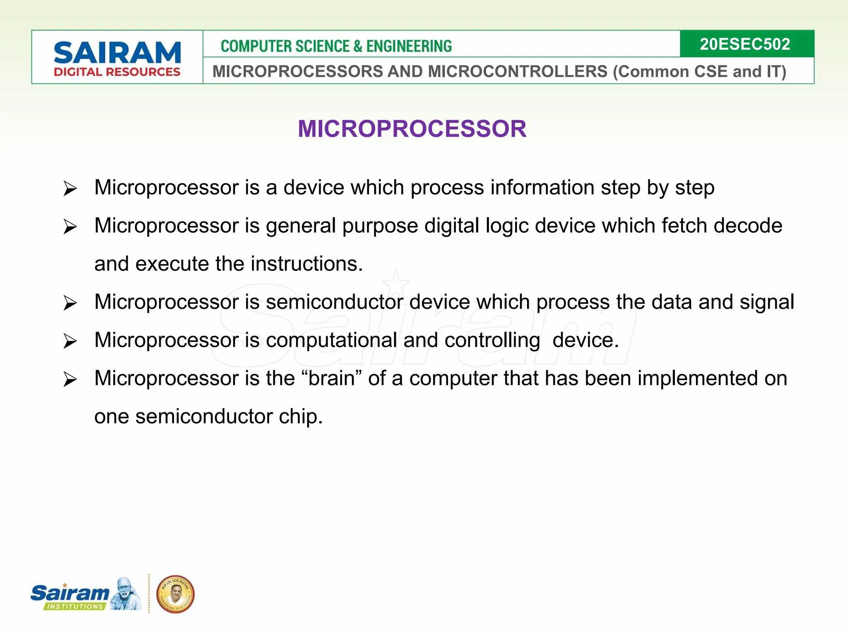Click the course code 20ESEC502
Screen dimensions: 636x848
point(744,44)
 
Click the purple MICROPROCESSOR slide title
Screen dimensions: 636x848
point(412,129)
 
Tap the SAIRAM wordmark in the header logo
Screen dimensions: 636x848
point(117,53)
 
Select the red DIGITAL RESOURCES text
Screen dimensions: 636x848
point(117,72)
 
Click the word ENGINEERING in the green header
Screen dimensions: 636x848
point(409,46)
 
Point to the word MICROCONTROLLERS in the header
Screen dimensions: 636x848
point(518,72)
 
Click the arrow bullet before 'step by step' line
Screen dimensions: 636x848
point(70,189)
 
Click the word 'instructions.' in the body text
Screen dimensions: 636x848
point(307,264)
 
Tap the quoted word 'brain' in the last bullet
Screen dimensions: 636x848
point(332,378)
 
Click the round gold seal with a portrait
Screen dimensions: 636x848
point(175,594)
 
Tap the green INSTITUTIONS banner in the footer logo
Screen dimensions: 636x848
point(75,606)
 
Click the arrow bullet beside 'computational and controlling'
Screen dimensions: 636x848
point(70,342)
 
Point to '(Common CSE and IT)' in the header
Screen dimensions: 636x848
point(699,72)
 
